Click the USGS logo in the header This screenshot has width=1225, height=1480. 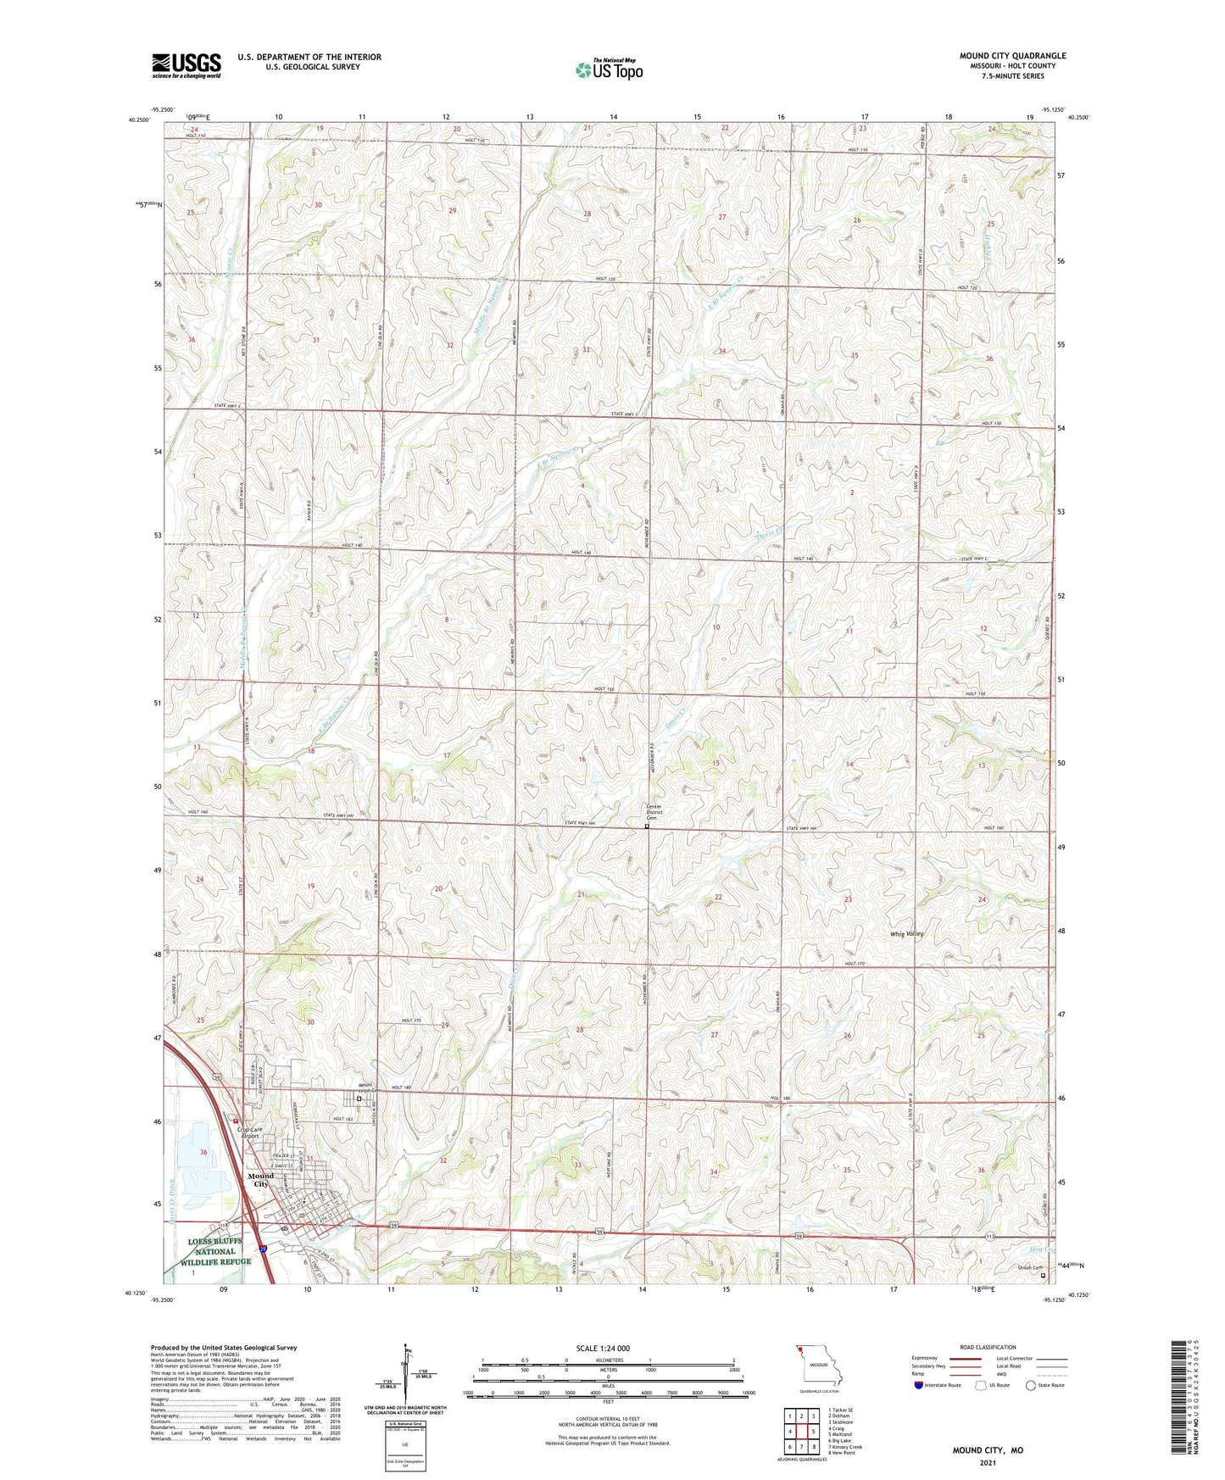coord(187,65)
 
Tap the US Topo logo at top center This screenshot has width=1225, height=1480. coord(608,70)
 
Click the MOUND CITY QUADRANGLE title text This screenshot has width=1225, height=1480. coord(1012,56)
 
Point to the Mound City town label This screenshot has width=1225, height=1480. coord(260,1180)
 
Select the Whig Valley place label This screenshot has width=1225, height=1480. coord(906,934)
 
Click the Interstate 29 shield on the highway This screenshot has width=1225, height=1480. coord(263,1249)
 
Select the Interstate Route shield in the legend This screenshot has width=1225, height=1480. coord(919,1385)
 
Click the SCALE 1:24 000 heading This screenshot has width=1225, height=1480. coord(602,1349)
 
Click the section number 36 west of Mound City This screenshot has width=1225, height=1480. coord(203,1152)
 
